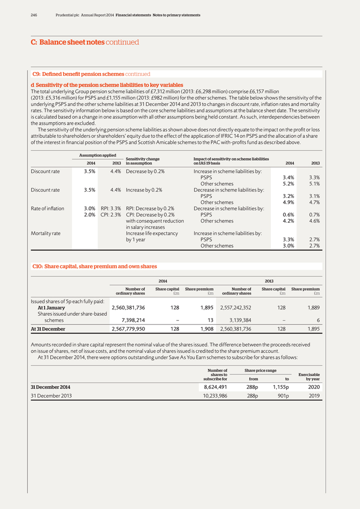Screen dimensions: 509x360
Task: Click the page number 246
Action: tap(34, 15)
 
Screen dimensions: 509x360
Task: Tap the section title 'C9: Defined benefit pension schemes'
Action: tap(77, 74)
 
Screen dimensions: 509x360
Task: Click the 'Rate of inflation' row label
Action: tap(47, 208)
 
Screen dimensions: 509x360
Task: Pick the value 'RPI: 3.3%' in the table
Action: tap(110, 208)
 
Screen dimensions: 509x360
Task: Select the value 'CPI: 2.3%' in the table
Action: tap(110, 214)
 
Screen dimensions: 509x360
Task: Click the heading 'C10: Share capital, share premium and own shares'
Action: tap(94, 266)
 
